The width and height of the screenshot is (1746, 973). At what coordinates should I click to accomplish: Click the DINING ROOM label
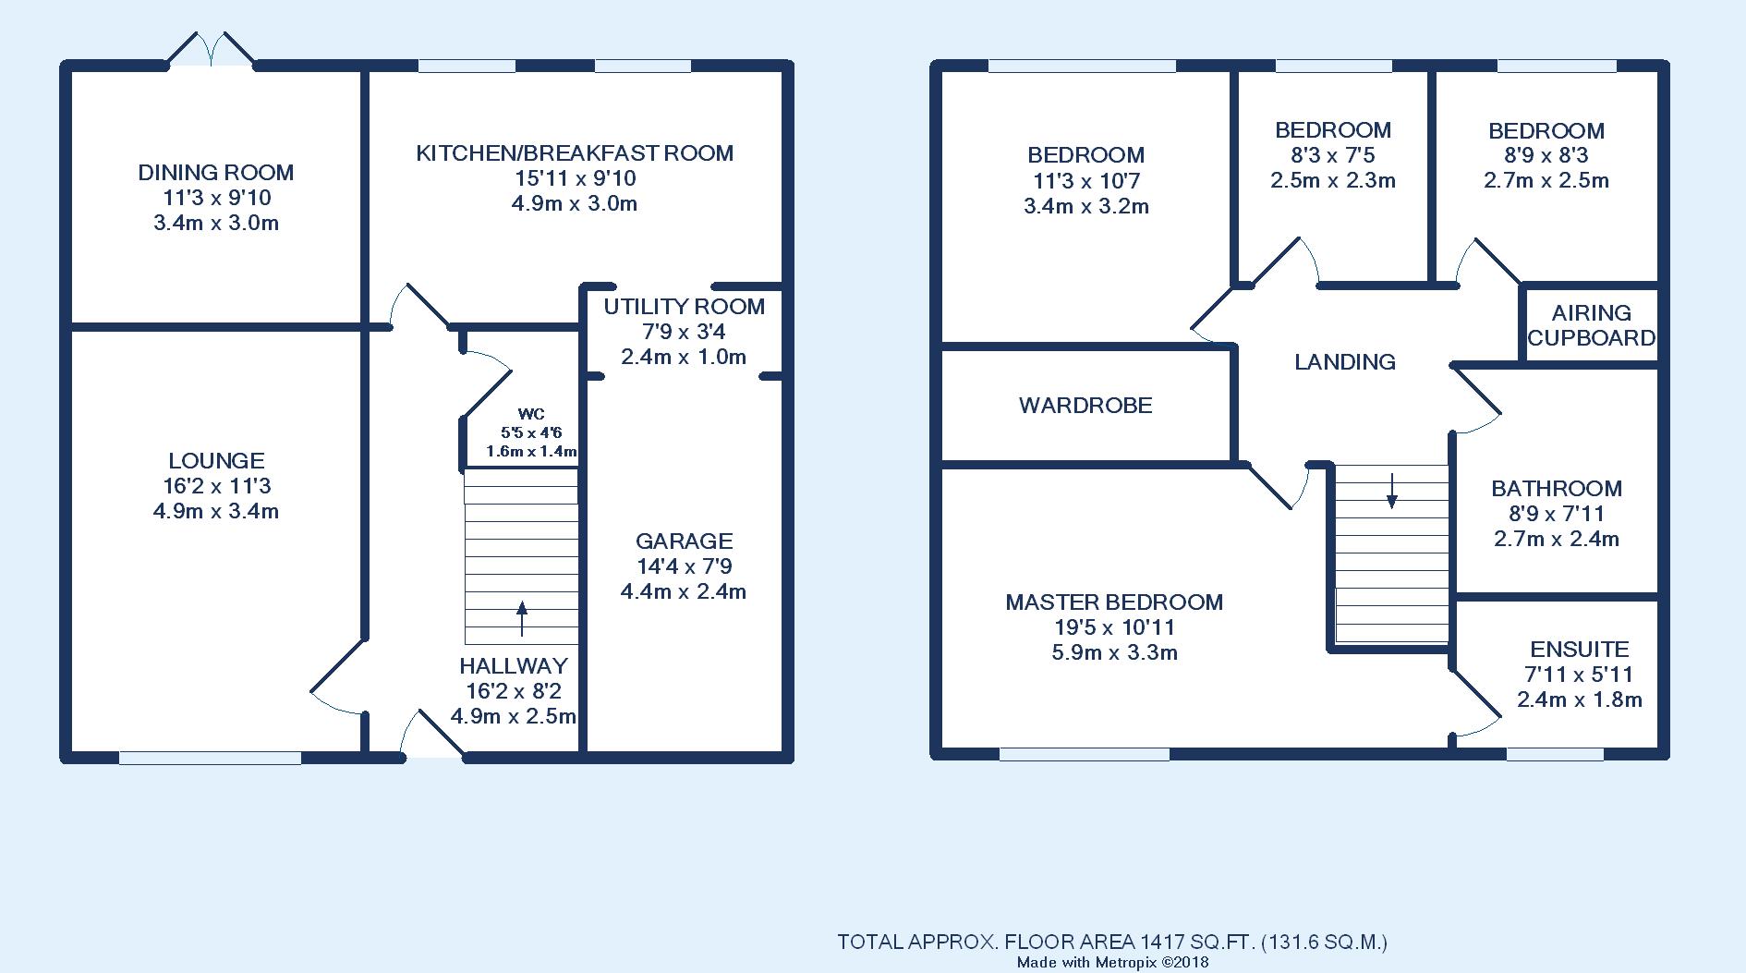(216, 172)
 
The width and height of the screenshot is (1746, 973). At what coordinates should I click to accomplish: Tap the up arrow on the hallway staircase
(521, 619)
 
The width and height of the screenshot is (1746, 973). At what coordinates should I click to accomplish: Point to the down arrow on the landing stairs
(1391, 491)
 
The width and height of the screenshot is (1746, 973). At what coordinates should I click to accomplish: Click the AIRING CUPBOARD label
(1591, 325)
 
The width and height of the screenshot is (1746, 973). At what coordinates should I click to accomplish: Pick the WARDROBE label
(1085, 405)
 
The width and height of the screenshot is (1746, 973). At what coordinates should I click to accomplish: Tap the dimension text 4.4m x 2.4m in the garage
(684, 591)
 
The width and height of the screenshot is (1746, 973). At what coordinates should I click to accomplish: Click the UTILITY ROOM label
(685, 306)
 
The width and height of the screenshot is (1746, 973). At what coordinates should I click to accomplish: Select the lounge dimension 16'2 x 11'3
(216, 486)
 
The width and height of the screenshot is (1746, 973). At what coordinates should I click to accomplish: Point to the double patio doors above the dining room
(211, 48)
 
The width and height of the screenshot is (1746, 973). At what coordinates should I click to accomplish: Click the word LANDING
(1345, 361)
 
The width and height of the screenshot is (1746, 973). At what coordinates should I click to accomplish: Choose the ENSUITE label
(1580, 649)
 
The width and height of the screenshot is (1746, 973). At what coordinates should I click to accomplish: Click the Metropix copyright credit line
(1113, 963)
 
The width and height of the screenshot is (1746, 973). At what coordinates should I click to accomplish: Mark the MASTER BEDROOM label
(1114, 602)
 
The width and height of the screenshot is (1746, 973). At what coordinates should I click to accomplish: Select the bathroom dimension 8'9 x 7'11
(1557, 514)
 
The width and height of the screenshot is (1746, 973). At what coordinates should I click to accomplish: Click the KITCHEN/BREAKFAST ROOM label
(575, 152)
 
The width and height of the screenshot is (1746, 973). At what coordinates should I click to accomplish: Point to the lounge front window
(210, 758)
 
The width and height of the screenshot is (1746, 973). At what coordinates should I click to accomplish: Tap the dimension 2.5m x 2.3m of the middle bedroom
(1333, 180)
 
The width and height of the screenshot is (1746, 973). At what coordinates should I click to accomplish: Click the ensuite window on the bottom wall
(1555, 754)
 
